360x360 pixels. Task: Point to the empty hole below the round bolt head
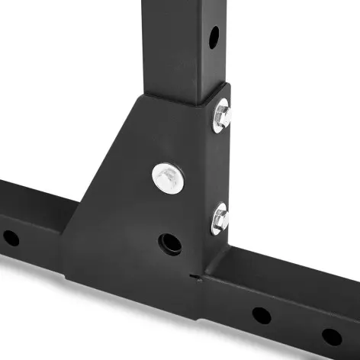pos(169,244)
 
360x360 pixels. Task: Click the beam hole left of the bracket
pos(11,237)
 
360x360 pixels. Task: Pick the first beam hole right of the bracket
pos(261,314)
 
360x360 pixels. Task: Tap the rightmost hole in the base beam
pos(331,336)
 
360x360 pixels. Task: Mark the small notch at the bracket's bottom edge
pos(196,275)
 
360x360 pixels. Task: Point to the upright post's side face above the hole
pos(214,11)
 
